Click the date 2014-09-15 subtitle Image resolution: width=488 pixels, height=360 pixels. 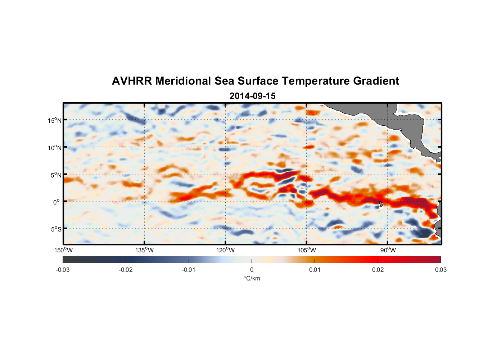pyautogui.click(x=252, y=96)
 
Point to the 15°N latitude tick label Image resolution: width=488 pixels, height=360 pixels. pyautogui.click(x=54, y=120)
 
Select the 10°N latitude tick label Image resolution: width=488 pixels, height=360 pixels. pyautogui.click(x=54, y=148)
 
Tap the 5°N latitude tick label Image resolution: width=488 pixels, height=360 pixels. pyautogui.click(x=56, y=175)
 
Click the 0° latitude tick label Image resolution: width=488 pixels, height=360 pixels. pyautogui.click(x=56, y=202)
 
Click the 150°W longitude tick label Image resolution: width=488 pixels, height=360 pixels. pyautogui.click(x=63, y=250)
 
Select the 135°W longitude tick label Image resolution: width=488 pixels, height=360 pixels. pyautogui.click(x=144, y=250)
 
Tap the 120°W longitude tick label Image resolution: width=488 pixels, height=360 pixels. pyautogui.click(x=225, y=250)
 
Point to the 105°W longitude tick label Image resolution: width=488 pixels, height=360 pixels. pyautogui.click(x=307, y=250)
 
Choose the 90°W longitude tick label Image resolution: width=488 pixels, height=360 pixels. pyautogui.click(x=388, y=250)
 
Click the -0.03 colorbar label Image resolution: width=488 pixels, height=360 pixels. pyautogui.click(x=63, y=270)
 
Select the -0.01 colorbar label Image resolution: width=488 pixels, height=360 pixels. pyautogui.click(x=189, y=270)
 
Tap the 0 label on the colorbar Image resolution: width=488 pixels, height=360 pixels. pyautogui.click(x=252, y=270)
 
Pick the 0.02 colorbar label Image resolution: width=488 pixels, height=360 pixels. pyautogui.click(x=378, y=270)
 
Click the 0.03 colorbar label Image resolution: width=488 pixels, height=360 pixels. pyautogui.click(x=440, y=270)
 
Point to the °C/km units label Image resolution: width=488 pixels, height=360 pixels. pyautogui.click(x=252, y=278)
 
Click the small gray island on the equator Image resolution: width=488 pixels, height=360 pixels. pyautogui.click(x=381, y=204)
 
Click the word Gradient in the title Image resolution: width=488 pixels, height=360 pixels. pyautogui.click(x=376, y=81)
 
